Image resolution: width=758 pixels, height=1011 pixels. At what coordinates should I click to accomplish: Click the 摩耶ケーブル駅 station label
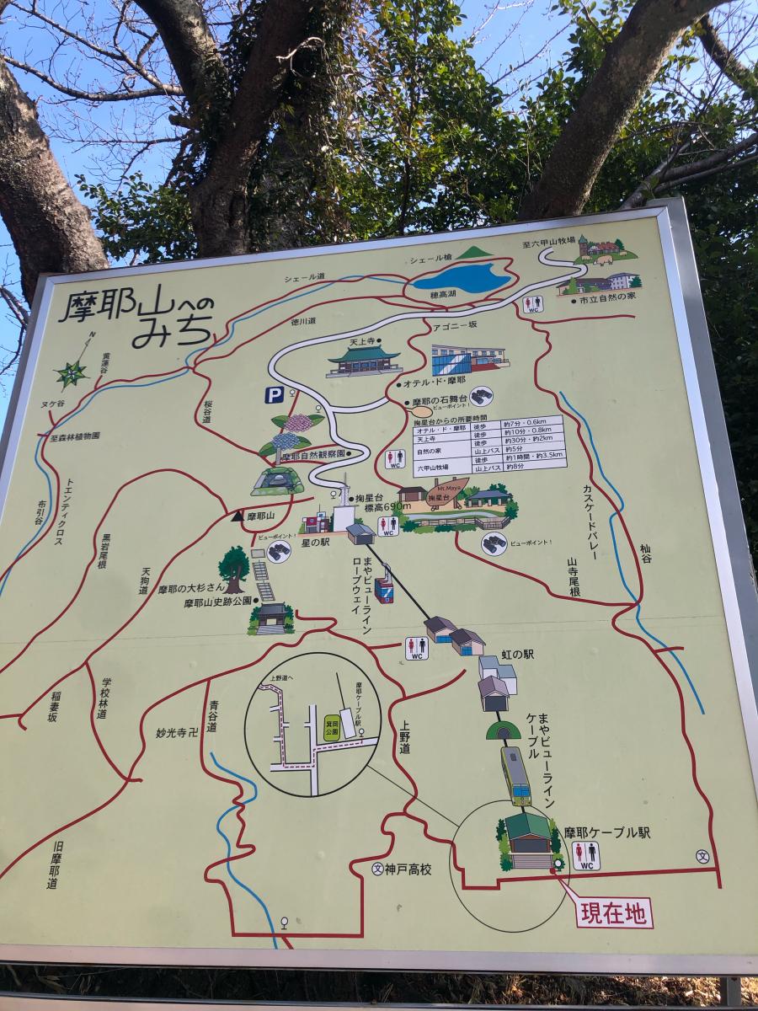click(607, 832)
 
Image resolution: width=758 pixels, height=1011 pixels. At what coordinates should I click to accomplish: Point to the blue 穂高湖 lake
click(462, 277)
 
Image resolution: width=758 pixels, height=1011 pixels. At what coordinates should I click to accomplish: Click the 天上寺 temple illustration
click(364, 361)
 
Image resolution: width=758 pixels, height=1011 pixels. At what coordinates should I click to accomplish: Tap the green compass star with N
click(72, 371)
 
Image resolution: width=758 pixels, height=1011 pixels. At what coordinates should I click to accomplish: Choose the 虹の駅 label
click(517, 654)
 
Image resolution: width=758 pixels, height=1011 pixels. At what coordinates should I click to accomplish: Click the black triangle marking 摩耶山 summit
click(238, 516)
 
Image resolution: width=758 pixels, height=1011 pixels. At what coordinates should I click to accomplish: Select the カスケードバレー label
click(590, 522)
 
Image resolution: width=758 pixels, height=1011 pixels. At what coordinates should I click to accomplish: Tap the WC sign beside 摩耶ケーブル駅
click(586, 854)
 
